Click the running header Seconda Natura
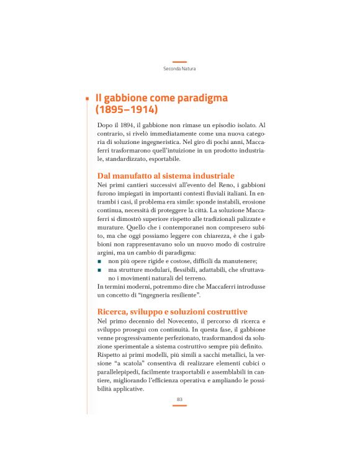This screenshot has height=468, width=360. [x=179, y=68]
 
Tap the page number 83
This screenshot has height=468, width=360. [x=179, y=398]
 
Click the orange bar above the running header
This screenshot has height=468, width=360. [x=179, y=61]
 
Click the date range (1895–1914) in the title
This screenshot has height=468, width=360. [x=127, y=110]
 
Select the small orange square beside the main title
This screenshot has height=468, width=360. [x=88, y=98]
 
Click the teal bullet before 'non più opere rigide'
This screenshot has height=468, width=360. [x=99, y=262]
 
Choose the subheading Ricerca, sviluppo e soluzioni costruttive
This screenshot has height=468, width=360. [x=173, y=311]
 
